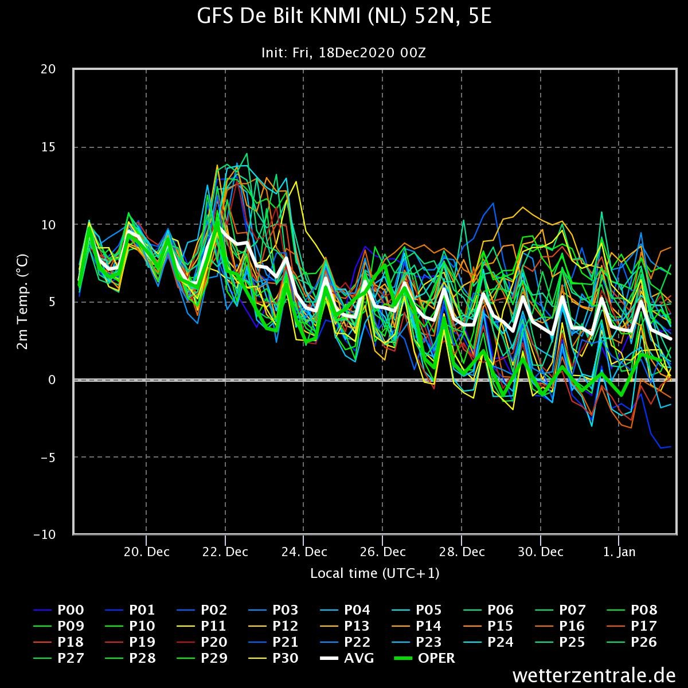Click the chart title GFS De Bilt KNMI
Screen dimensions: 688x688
click(344, 16)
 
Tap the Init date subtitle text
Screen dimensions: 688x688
click(343, 53)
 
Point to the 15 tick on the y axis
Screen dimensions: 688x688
click(48, 147)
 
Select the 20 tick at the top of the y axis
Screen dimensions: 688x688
click(48, 69)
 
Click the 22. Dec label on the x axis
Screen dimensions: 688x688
click(225, 552)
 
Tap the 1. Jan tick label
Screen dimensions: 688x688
click(619, 552)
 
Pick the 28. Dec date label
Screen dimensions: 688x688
click(462, 552)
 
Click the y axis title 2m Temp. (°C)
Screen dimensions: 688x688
click(22, 302)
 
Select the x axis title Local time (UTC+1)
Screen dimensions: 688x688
click(374, 573)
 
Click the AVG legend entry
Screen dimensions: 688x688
click(347, 658)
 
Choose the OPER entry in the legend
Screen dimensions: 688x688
click(424, 658)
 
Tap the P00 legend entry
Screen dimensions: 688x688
click(58, 610)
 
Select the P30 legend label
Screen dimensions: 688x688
click(273, 658)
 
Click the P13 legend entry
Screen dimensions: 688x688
click(345, 626)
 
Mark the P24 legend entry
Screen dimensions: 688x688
click(488, 642)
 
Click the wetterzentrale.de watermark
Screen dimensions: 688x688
click(594, 675)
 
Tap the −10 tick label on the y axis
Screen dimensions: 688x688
click(45, 535)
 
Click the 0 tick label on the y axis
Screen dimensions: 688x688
click(52, 380)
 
